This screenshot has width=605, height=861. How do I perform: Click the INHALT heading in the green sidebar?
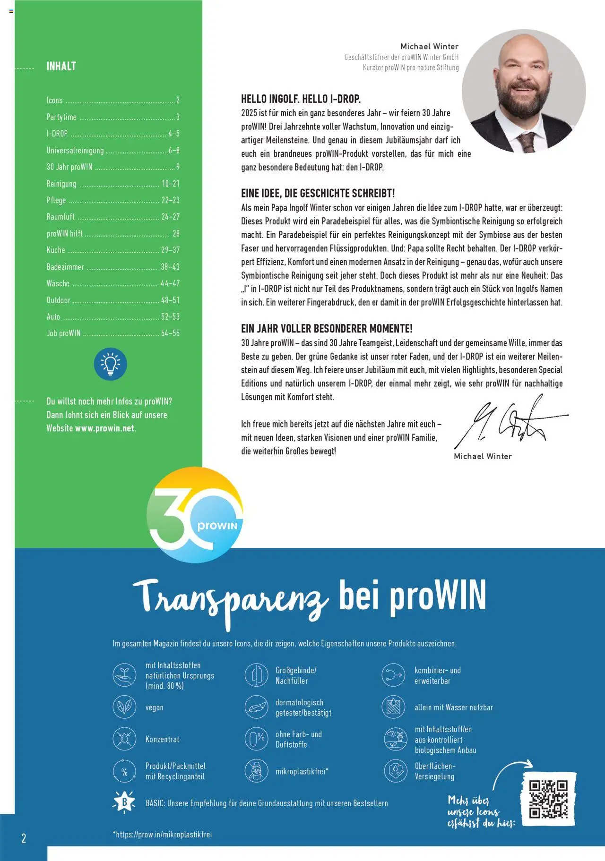click(61, 66)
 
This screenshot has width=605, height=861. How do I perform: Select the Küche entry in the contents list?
click(56, 250)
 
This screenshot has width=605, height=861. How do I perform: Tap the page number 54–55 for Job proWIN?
click(170, 333)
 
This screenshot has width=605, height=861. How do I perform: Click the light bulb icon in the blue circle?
click(111, 364)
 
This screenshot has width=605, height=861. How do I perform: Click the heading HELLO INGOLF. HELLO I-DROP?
click(301, 99)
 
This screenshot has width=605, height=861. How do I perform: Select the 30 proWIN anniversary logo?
click(195, 514)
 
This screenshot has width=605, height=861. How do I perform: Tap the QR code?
click(548, 799)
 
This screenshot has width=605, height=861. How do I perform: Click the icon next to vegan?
click(124, 707)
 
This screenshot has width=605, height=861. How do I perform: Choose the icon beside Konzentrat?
click(124, 739)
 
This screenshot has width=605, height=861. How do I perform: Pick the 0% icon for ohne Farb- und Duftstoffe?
click(257, 739)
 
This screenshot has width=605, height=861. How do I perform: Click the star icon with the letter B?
click(124, 802)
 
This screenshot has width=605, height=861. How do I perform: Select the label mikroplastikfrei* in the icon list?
click(302, 771)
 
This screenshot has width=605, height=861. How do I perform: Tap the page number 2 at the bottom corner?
click(24, 838)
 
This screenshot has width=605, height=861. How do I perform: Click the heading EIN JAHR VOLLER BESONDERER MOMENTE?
click(327, 329)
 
